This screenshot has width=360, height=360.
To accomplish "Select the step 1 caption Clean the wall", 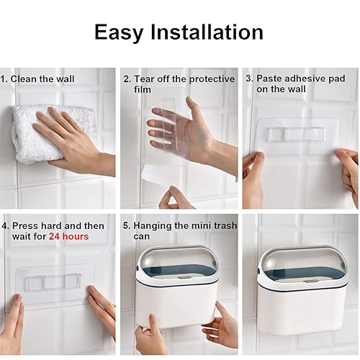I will click(x=42, y=79).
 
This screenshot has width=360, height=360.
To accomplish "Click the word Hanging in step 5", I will click(x=156, y=225).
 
